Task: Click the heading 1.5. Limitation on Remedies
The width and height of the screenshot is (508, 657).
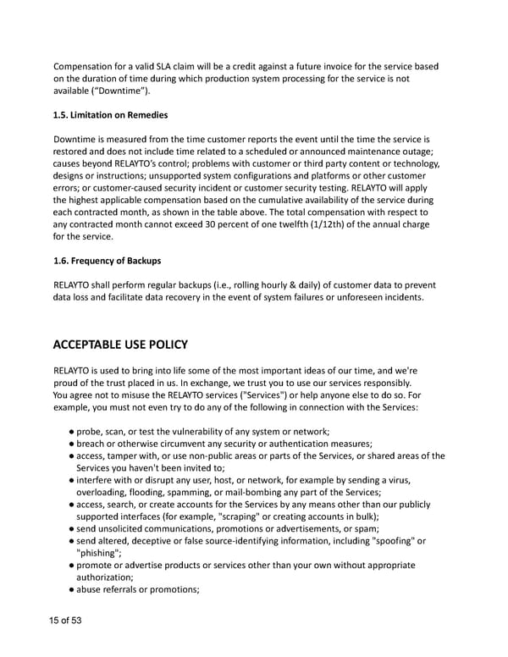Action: pyautogui.click(x=111, y=115)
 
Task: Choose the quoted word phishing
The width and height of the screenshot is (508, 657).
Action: pyautogui.click(x=100, y=553)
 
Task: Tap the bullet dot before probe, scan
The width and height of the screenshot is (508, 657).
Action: pyautogui.click(x=71, y=431)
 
